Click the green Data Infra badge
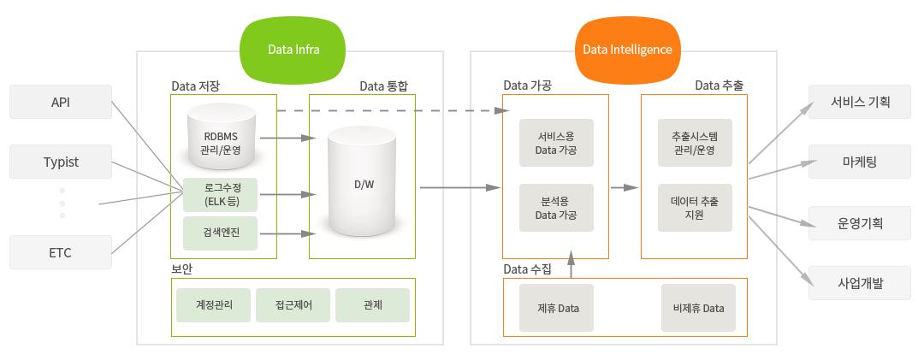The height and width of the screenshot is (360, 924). coord(293,49)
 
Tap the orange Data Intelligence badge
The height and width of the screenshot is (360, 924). coord(627,49)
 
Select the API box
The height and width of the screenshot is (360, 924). coord(61,102)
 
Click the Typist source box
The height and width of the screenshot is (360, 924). coord(61,162)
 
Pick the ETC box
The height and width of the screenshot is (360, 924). coord(61,252)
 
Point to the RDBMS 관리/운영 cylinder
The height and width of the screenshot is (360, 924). coord(222,137)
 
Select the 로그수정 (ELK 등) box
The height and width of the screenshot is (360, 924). coord(221,194)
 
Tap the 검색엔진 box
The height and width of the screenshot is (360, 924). coord(221,233)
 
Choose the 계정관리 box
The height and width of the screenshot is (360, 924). coord(213,304)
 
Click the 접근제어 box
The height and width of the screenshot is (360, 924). coord(293,304)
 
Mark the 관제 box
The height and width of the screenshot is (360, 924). coord(372,304)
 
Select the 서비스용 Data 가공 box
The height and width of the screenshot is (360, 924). coord(556,144)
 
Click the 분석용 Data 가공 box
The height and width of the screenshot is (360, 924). coord(556,208)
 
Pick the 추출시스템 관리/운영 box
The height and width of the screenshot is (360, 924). coord(695,144)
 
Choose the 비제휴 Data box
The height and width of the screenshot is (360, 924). coord(698,308)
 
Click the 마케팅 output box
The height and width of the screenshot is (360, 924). coord(860,162)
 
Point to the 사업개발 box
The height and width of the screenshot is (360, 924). coord(860,283)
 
